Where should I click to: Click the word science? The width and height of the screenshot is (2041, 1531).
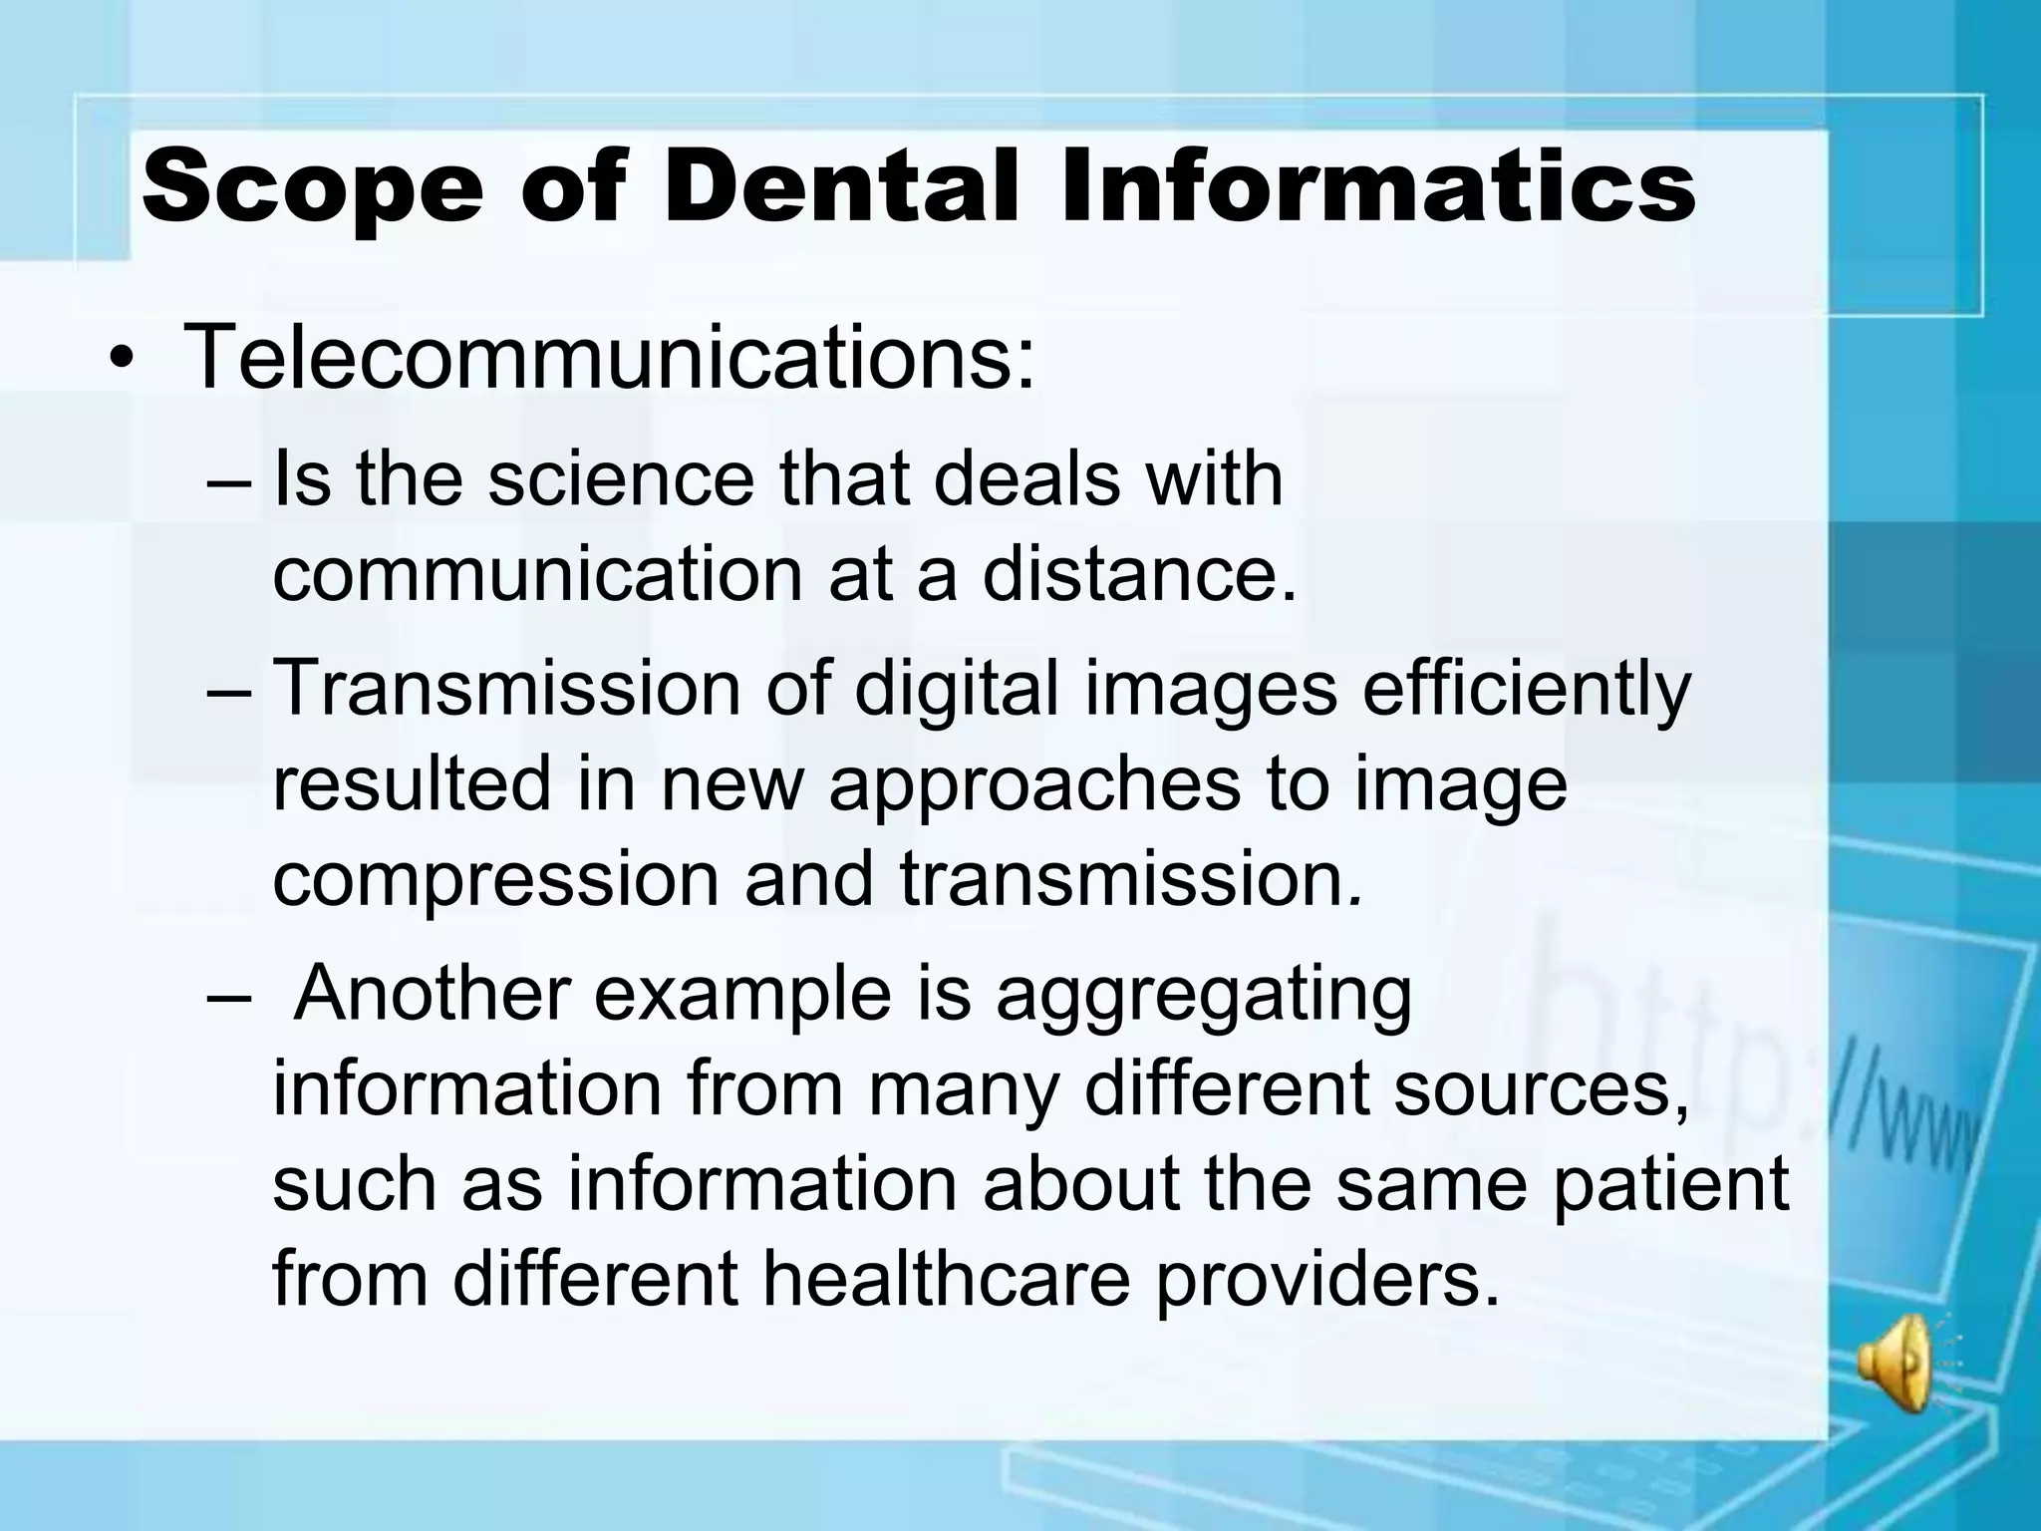[x=621, y=478]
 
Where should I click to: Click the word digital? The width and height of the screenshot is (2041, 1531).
[x=956, y=687]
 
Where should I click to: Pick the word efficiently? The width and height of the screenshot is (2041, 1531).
[x=1526, y=687]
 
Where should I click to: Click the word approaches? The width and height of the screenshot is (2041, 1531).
[x=1034, y=783]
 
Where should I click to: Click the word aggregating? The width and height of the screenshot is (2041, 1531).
[x=1203, y=994]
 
